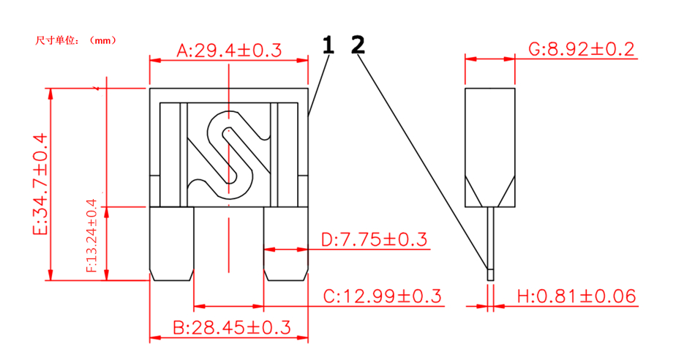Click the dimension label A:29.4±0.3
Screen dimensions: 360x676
pos(229,50)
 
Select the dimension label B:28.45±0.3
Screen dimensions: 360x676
pos(229,326)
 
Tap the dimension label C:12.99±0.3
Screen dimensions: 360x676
pos(383,296)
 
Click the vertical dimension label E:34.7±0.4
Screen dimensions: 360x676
pos(40,184)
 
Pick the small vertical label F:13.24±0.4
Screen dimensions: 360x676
pos(91,236)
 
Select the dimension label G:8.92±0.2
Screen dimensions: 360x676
pos(581,50)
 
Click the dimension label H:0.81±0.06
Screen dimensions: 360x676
pos(577,296)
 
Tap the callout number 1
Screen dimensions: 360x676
pos(328,45)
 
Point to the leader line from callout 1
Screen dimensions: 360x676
pos(318,84)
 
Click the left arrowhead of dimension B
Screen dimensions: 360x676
pos(154,338)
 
